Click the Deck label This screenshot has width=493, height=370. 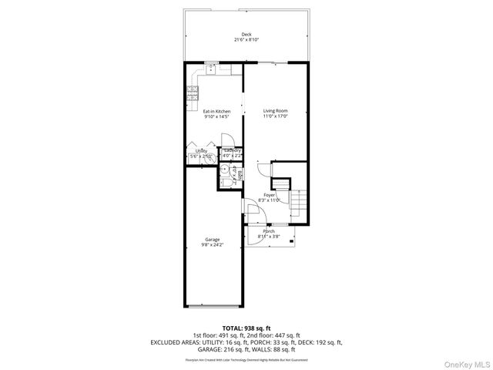pyautogui.click(x=246, y=34)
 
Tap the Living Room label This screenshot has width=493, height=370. pyautogui.click(x=275, y=111)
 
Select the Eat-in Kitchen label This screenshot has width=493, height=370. pyautogui.click(x=216, y=111)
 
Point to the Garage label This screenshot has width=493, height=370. pyautogui.click(x=213, y=239)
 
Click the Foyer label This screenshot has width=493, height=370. pyautogui.click(x=270, y=195)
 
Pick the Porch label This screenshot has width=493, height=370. pyautogui.click(x=269, y=231)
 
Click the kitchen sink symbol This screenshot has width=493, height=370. pyautogui.click(x=211, y=69)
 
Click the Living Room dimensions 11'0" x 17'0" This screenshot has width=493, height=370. pyautogui.click(x=275, y=116)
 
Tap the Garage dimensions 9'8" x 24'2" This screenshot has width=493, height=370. pyautogui.click(x=213, y=244)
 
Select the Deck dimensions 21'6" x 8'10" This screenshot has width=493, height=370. pyautogui.click(x=246, y=39)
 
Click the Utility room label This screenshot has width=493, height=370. pyautogui.click(x=200, y=151)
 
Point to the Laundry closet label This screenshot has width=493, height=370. pyautogui.click(x=232, y=151)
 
